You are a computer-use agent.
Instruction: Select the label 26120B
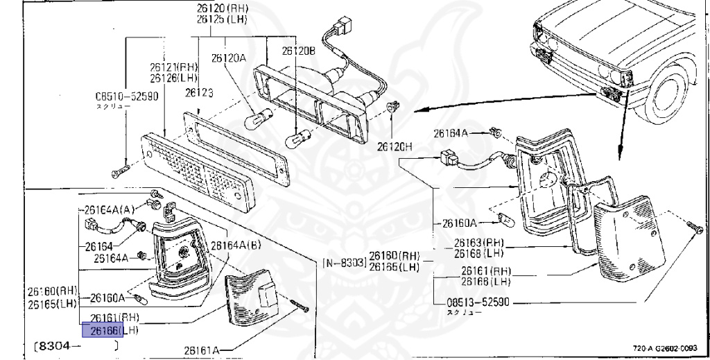[298, 51]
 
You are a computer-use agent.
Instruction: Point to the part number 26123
[199, 92]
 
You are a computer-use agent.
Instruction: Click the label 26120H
[395, 147]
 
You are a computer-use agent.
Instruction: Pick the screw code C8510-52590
[127, 96]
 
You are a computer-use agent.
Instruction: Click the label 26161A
[201, 350]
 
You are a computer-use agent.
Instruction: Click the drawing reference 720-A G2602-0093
[665, 348]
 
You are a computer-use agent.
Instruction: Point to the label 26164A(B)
[236, 245]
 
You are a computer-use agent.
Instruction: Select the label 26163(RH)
[478, 243]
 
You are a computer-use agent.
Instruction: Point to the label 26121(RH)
[173, 67]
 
